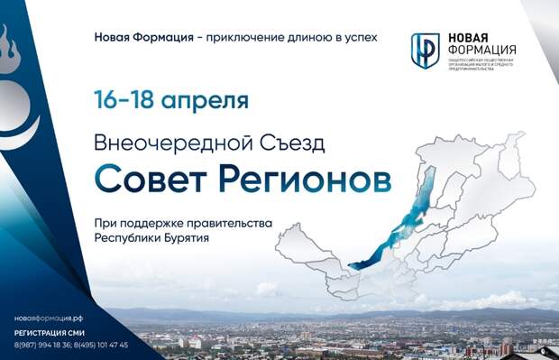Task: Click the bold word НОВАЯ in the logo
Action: click(471, 38)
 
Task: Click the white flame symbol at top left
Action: click(9, 45)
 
